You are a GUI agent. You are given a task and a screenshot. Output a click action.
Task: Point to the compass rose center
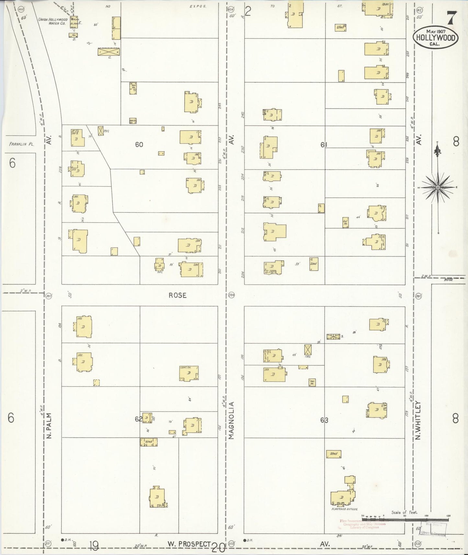pyautogui.click(x=438, y=187)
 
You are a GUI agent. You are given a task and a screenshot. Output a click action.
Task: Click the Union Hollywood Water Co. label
pyautogui.click(x=53, y=21)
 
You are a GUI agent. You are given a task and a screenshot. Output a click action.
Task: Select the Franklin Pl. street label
pyautogui.click(x=20, y=145)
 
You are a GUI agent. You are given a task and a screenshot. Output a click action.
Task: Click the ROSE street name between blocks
pyautogui.click(x=178, y=295)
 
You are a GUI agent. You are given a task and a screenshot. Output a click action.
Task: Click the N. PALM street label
pyautogui.click(x=49, y=425)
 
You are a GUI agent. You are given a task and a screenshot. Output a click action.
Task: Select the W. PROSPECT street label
pyautogui.click(x=189, y=544)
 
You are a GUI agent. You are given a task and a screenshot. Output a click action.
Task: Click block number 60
pyautogui.click(x=139, y=145)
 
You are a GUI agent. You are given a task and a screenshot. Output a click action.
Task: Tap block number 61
pyautogui.click(x=324, y=145)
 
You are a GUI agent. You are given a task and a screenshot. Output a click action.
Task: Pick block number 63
pyautogui.click(x=324, y=420)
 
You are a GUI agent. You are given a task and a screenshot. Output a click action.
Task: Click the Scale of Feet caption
pyautogui.click(x=404, y=512)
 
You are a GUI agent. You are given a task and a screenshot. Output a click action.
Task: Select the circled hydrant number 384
pyautogui.click(x=231, y=295)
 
